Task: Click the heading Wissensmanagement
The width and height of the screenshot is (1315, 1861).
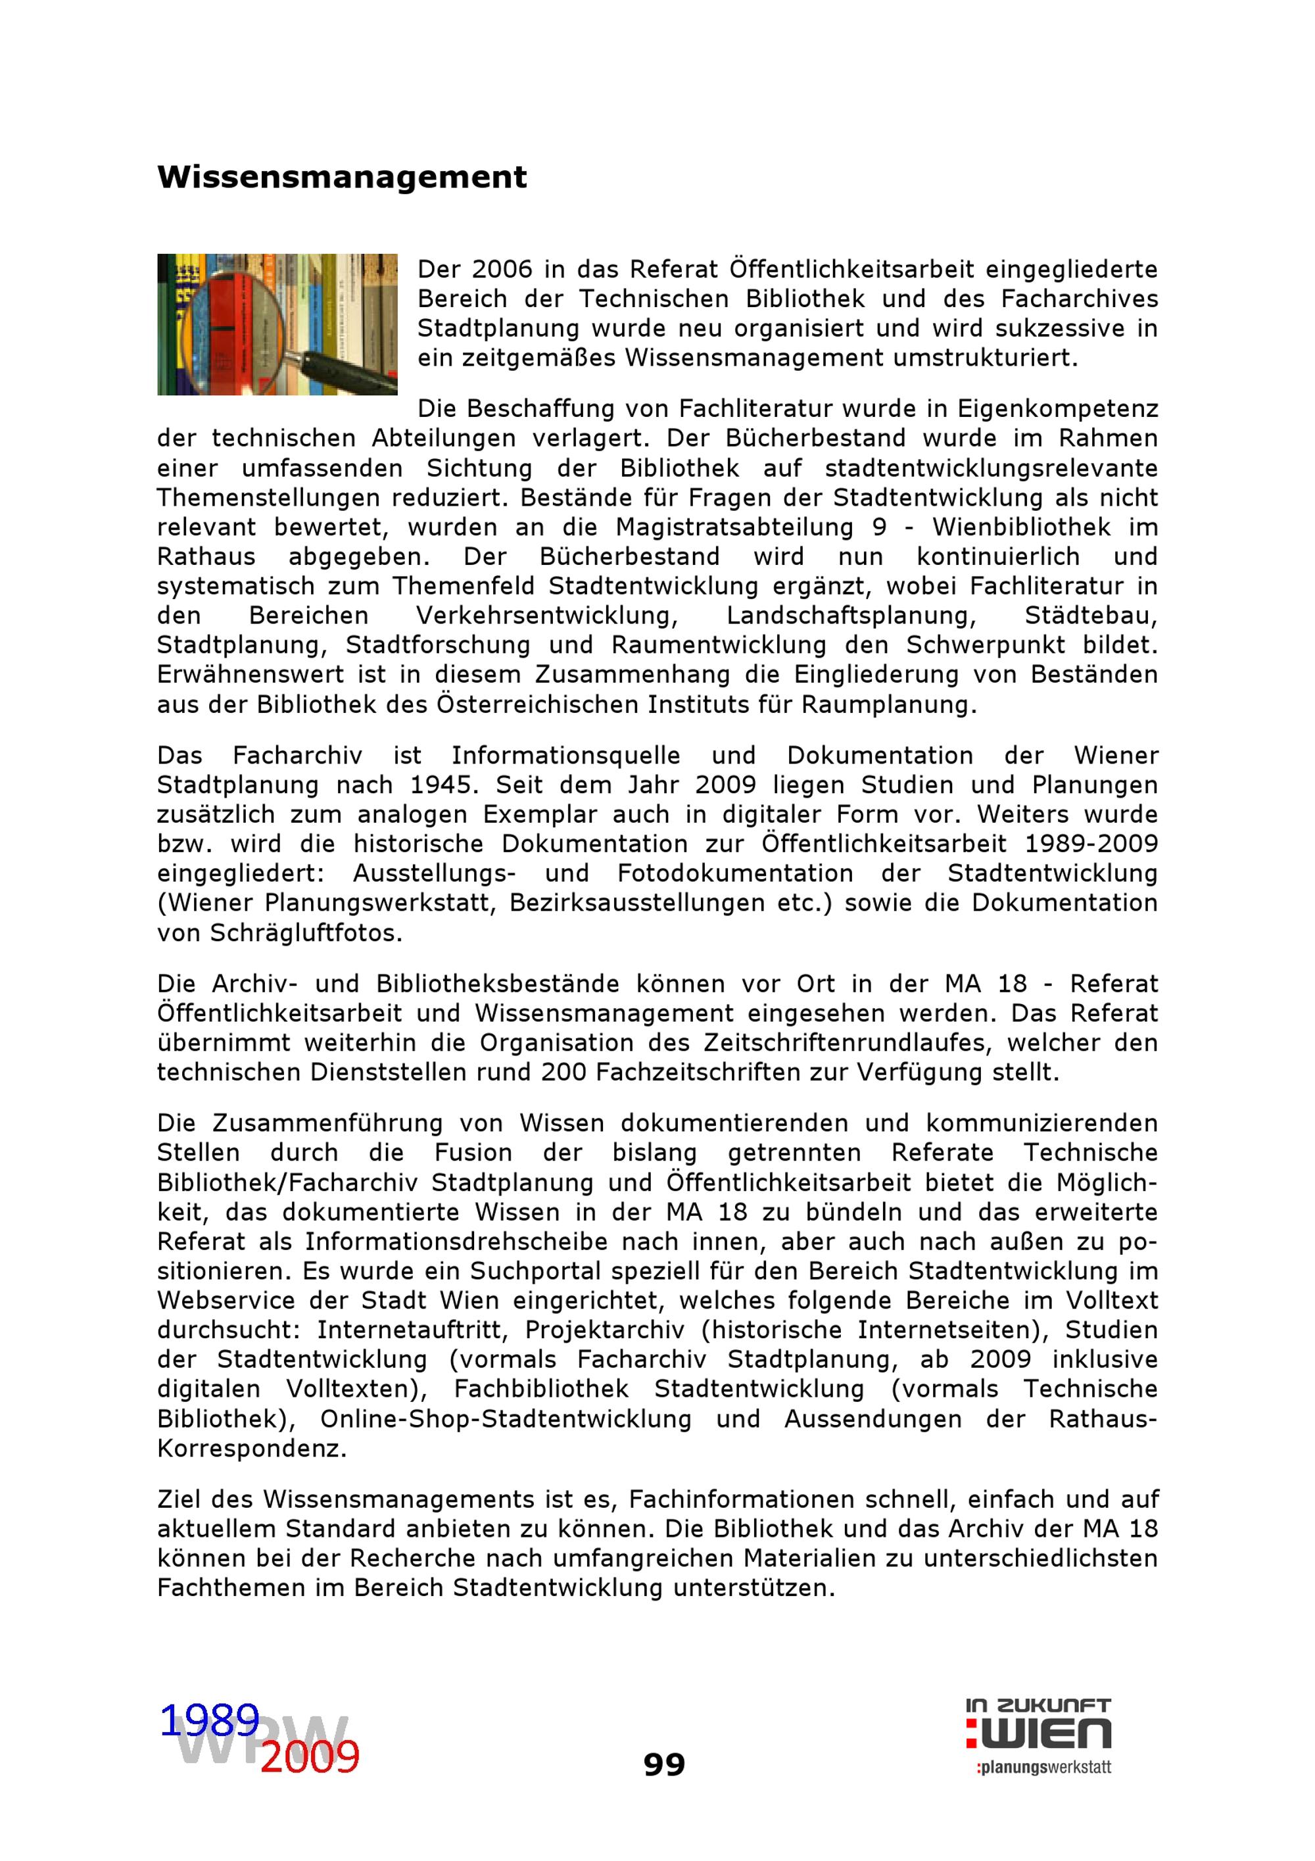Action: tap(341, 177)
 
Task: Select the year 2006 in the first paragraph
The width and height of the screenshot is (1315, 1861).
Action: tap(502, 269)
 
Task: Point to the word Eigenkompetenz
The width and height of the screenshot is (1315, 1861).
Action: tap(1057, 408)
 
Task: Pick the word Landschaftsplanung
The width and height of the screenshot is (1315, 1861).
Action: tap(851, 616)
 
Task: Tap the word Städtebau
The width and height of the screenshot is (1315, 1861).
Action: tap(1091, 616)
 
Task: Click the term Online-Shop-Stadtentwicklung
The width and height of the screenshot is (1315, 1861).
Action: tap(506, 1418)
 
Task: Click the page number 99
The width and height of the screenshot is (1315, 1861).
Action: tap(663, 1764)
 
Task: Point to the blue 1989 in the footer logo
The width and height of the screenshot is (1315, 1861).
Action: tap(209, 1720)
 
